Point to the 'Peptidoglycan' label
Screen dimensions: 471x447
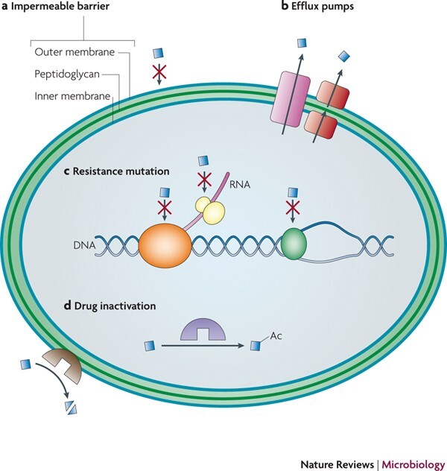click(66, 75)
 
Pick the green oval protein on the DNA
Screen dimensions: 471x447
click(297, 244)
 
